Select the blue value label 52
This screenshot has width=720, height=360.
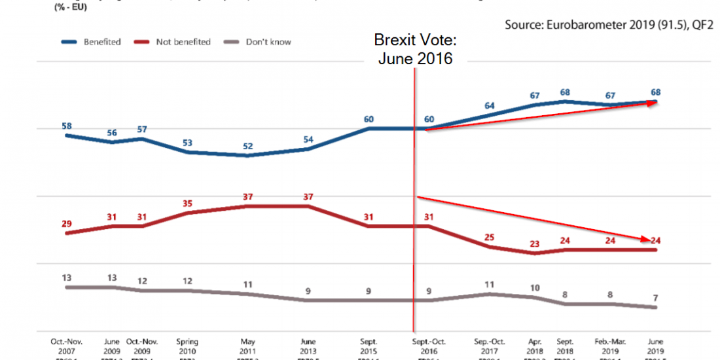248,146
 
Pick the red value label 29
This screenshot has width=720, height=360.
67,224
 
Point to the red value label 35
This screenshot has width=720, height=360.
189,204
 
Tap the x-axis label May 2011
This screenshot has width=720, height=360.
248,345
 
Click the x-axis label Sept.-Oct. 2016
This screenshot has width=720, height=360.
428,345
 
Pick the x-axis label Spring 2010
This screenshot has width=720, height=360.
189,345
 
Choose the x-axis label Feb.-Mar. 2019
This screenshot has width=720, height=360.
610,345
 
